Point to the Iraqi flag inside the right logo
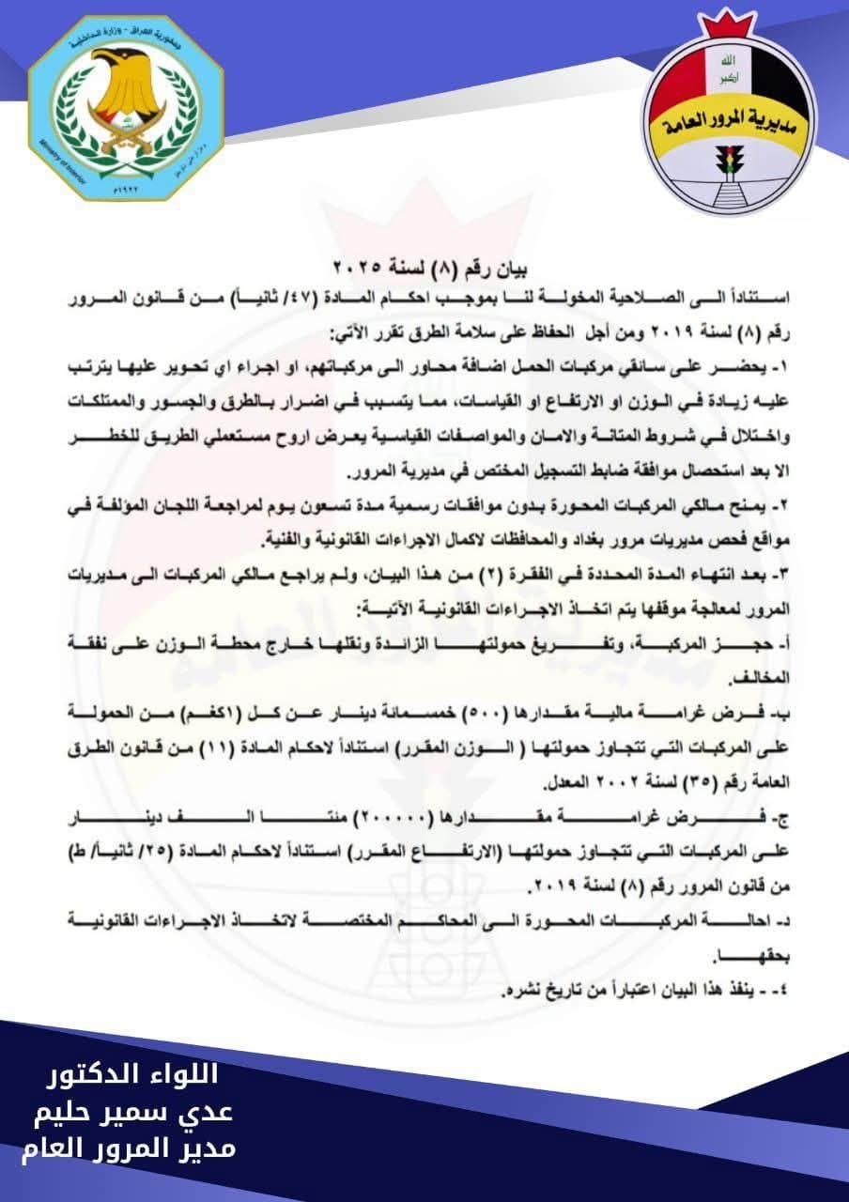722,71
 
